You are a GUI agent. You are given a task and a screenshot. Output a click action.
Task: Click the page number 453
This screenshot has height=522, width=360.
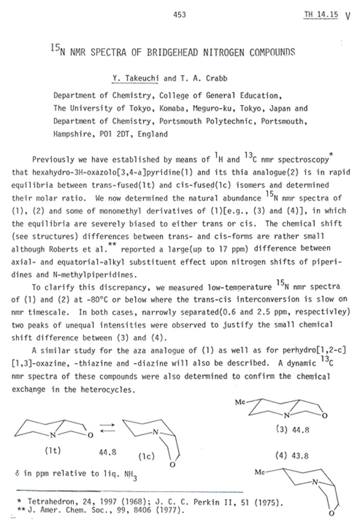click(179, 15)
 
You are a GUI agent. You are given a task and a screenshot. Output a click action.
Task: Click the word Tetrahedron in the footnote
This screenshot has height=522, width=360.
click(49, 499)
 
